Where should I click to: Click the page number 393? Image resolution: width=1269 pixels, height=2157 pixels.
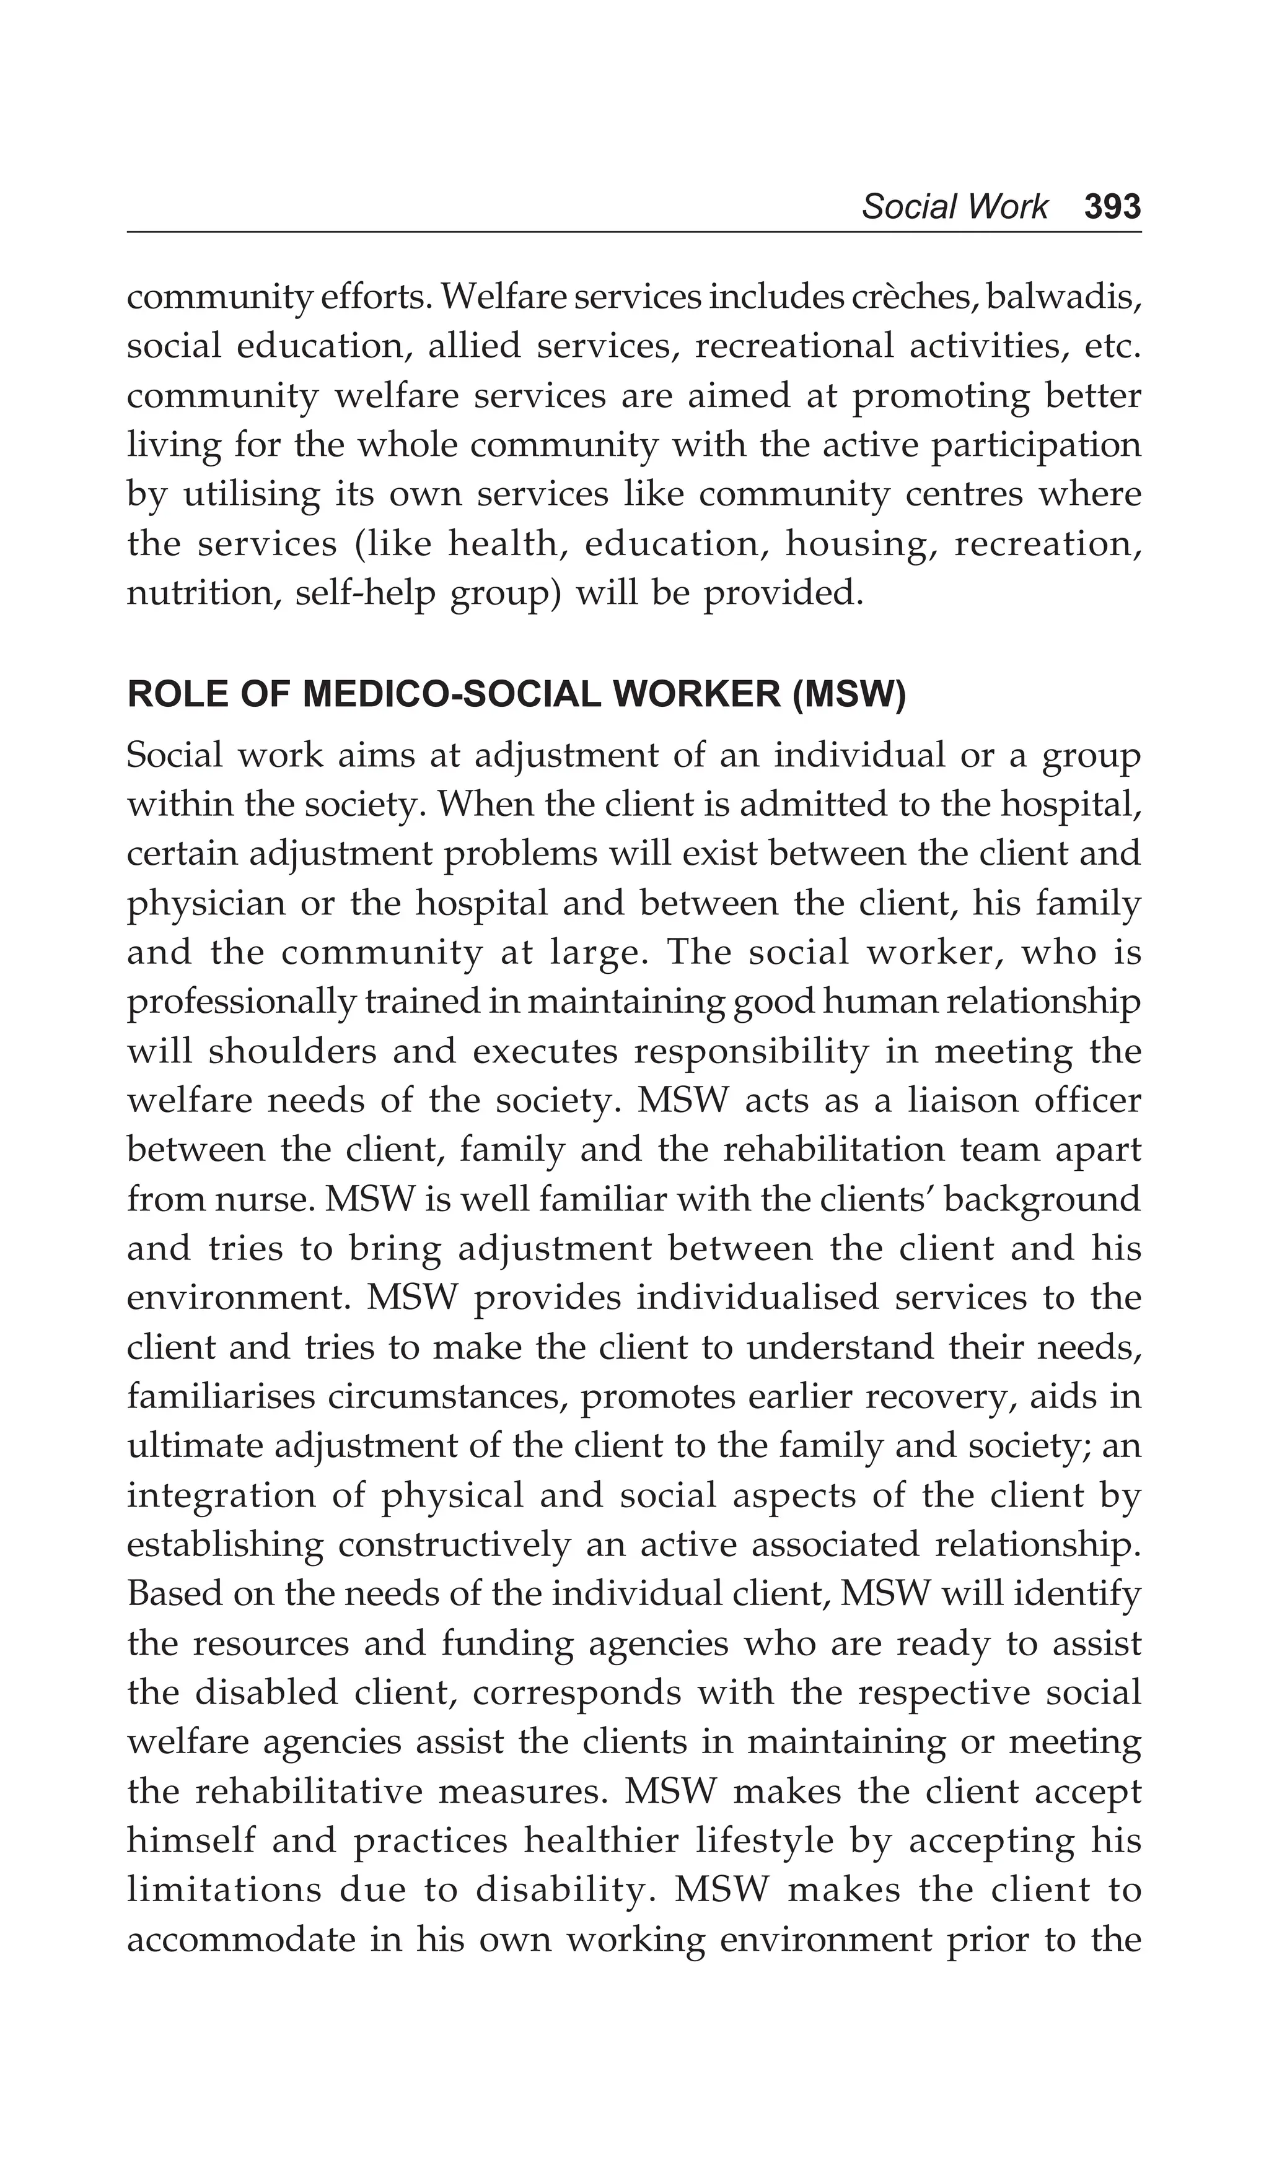click(1112, 207)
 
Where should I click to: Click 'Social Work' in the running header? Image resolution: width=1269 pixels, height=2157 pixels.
click(954, 207)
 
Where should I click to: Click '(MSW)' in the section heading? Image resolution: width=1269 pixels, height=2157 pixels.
click(848, 696)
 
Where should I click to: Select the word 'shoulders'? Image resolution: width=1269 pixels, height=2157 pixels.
click(292, 1051)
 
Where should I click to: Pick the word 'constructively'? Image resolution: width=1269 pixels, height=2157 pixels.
click(454, 1545)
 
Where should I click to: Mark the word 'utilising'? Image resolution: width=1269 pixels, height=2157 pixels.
click(251, 495)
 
